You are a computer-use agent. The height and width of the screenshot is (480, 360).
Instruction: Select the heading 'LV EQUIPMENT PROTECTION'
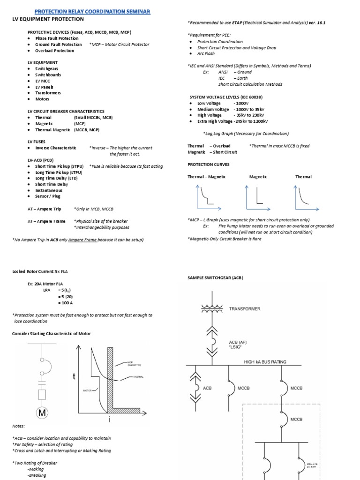coord(48,19)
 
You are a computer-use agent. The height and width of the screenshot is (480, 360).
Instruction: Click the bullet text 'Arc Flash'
coord(206,54)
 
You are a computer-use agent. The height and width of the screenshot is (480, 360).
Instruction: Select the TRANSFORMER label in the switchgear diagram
coord(245,309)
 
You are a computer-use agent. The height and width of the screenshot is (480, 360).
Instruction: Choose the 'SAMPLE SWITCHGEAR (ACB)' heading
coord(216,278)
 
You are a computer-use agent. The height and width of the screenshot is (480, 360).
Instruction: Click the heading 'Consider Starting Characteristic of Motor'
coord(51,333)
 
